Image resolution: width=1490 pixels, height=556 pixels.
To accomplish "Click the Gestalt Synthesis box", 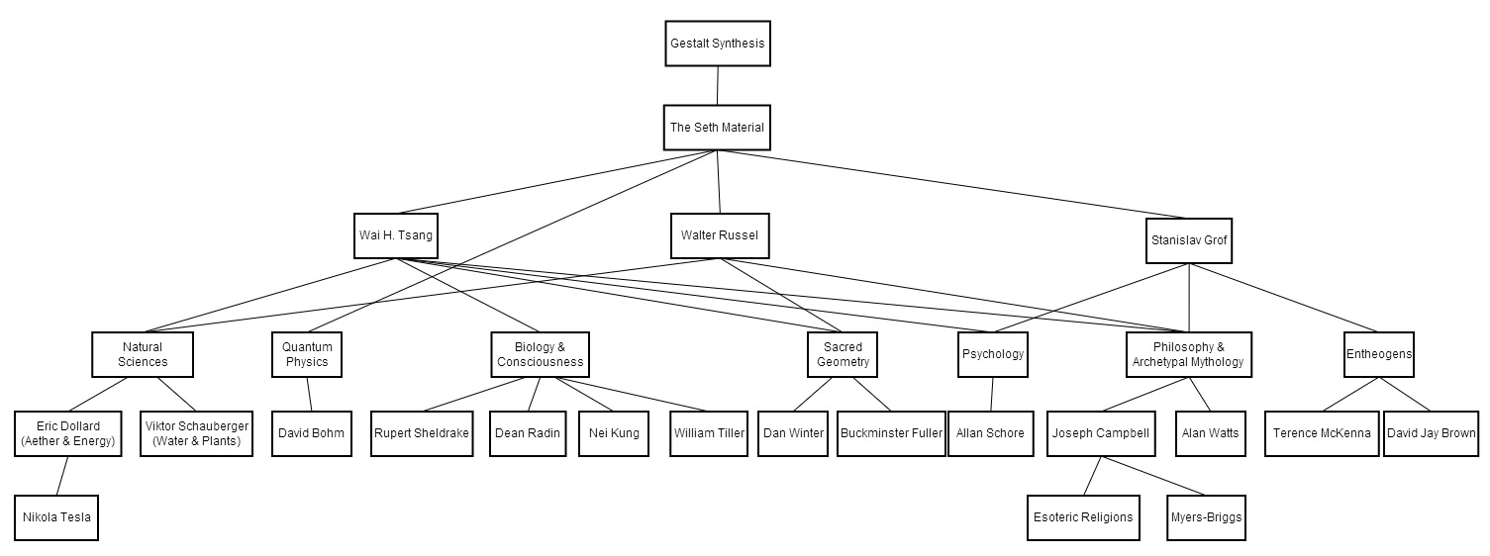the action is (x=718, y=44).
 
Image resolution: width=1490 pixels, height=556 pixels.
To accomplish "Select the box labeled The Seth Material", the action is (x=717, y=127).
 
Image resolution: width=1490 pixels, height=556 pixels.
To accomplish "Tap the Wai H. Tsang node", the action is (x=396, y=235).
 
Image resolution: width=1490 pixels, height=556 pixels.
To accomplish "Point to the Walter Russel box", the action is (x=720, y=235).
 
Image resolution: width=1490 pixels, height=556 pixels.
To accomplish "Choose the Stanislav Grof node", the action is (x=1189, y=240).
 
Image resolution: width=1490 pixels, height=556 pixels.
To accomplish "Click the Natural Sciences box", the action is (x=143, y=354).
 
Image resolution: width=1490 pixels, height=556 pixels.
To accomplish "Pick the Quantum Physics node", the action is (x=307, y=354).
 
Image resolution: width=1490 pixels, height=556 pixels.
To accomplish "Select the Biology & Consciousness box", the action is (x=541, y=354).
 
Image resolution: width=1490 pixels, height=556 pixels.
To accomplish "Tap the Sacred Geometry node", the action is (x=843, y=354).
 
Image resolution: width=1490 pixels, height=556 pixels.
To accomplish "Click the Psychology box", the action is (x=993, y=354).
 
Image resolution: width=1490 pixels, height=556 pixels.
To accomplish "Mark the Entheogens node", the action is (x=1379, y=354).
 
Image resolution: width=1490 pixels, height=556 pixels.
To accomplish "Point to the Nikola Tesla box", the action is (x=56, y=517).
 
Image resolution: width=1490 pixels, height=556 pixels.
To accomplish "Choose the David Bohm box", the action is (x=311, y=433).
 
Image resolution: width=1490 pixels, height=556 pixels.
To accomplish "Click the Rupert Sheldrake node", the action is (x=422, y=433).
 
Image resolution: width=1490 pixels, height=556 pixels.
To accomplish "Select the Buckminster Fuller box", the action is (x=891, y=433).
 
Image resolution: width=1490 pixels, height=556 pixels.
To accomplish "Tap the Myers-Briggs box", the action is (x=1206, y=517).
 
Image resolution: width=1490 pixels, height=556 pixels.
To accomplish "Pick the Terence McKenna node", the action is (x=1322, y=433).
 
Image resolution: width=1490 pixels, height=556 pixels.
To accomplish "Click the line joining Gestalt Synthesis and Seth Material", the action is (x=718, y=86).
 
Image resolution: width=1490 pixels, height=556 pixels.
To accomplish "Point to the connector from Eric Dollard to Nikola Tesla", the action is (x=62, y=476).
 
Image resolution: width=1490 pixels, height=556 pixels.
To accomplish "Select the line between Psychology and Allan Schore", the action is (x=992, y=395).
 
